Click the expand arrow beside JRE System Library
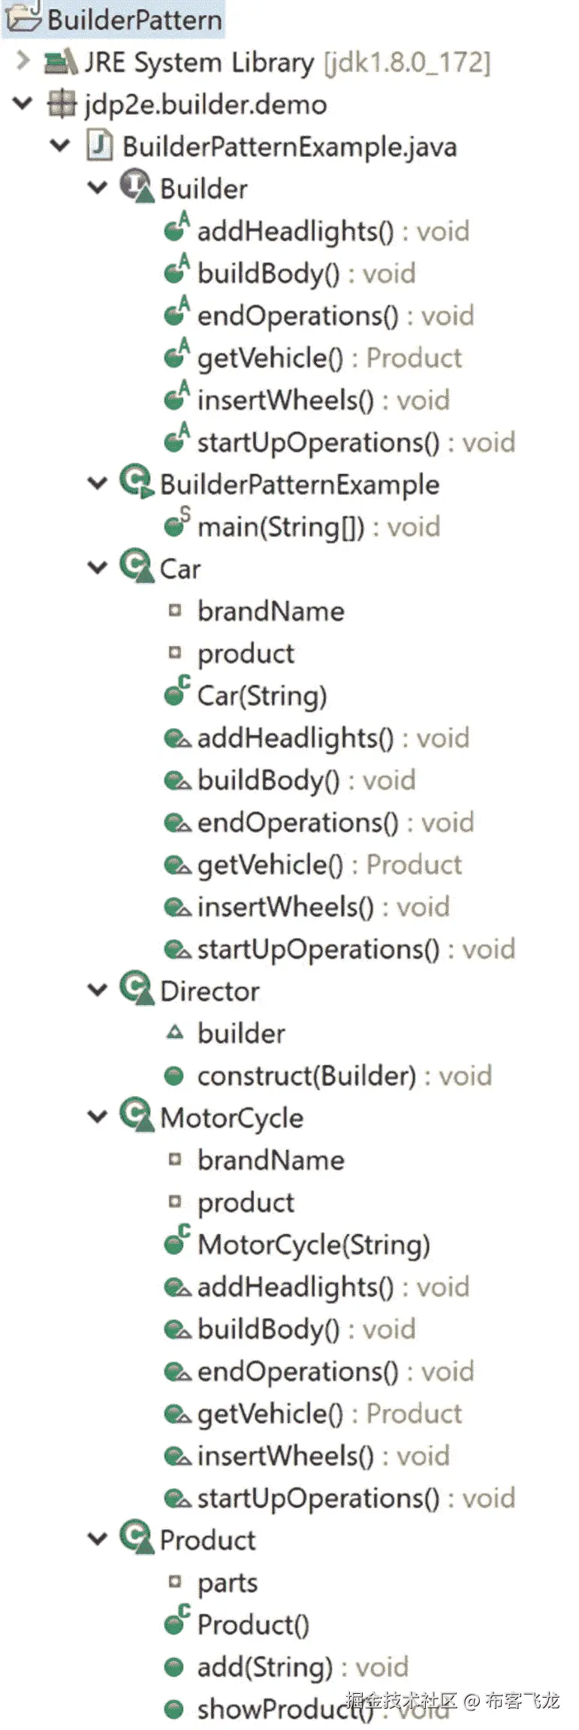coord(23,60)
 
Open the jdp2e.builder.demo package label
coord(205,104)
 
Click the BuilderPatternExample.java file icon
coord(100,146)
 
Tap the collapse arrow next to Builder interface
coord(98,188)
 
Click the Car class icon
coord(137,567)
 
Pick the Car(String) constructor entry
coord(261,696)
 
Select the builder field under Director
coord(241,1034)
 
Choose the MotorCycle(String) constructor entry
coord(313,1245)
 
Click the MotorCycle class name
coord(231,1118)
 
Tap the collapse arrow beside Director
coord(98,991)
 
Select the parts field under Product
coord(227,1583)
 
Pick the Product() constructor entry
coord(252,1625)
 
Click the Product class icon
coord(137,1538)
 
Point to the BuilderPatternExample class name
coord(299,485)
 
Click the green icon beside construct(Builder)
coord(174,1076)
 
